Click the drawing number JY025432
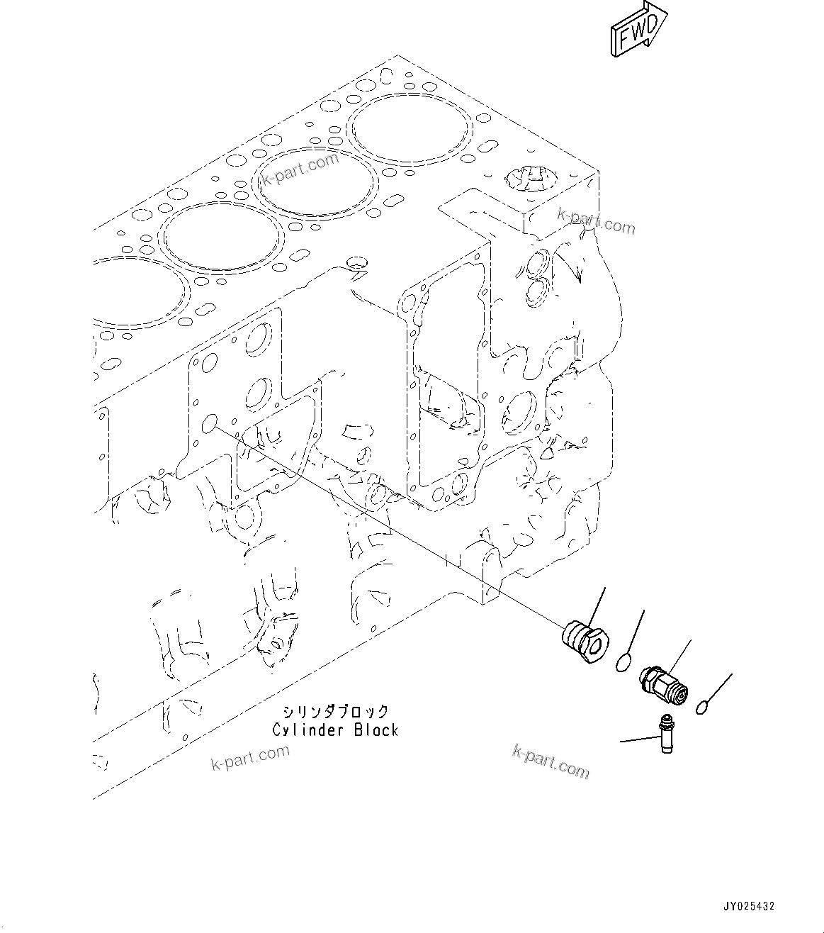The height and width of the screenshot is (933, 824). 748,906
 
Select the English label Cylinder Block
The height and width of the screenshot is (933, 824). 335,730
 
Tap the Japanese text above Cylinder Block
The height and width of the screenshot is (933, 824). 335,711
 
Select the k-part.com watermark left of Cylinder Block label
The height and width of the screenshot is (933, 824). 249,757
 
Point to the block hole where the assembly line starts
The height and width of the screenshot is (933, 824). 210,424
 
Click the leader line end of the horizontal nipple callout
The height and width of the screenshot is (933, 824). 622,742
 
